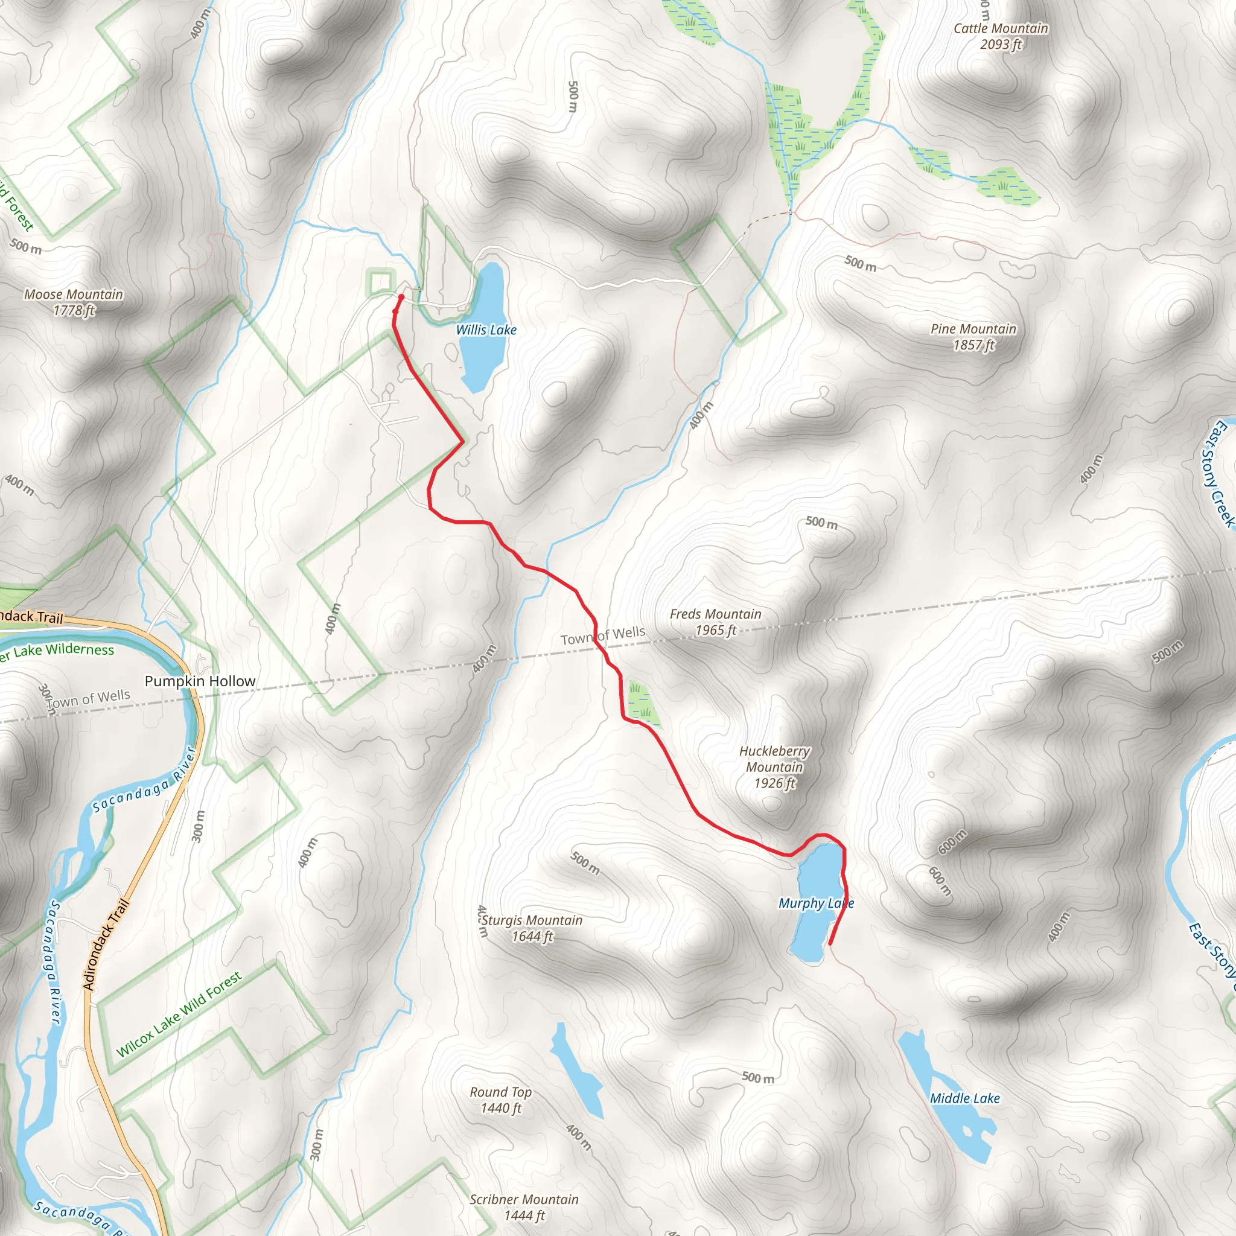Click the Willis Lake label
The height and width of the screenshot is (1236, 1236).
point(486,330)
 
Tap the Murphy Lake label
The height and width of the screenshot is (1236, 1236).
point(816,903)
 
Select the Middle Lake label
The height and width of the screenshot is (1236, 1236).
point(965,1098)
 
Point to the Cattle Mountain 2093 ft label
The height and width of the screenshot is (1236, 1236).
point(1001,36)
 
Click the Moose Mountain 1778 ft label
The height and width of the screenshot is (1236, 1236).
point(74,302)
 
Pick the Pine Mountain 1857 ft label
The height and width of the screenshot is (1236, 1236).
point(973,337)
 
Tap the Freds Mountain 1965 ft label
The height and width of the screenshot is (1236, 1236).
point(715,622)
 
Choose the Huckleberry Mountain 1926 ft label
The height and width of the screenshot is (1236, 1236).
point(774,767)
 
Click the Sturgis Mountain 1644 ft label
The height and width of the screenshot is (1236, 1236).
point(532,928)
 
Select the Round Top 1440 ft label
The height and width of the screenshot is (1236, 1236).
point(501,1100)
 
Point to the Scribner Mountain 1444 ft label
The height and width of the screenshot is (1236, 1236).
point(524,1207)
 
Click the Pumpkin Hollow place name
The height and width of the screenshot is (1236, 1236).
point(200,681)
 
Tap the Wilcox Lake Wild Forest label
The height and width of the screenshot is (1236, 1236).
point(179,1014)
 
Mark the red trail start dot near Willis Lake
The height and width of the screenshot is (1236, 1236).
point(401,298)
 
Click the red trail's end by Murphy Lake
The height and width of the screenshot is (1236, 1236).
point(830,944)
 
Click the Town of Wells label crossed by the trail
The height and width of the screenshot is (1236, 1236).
point(603,636)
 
